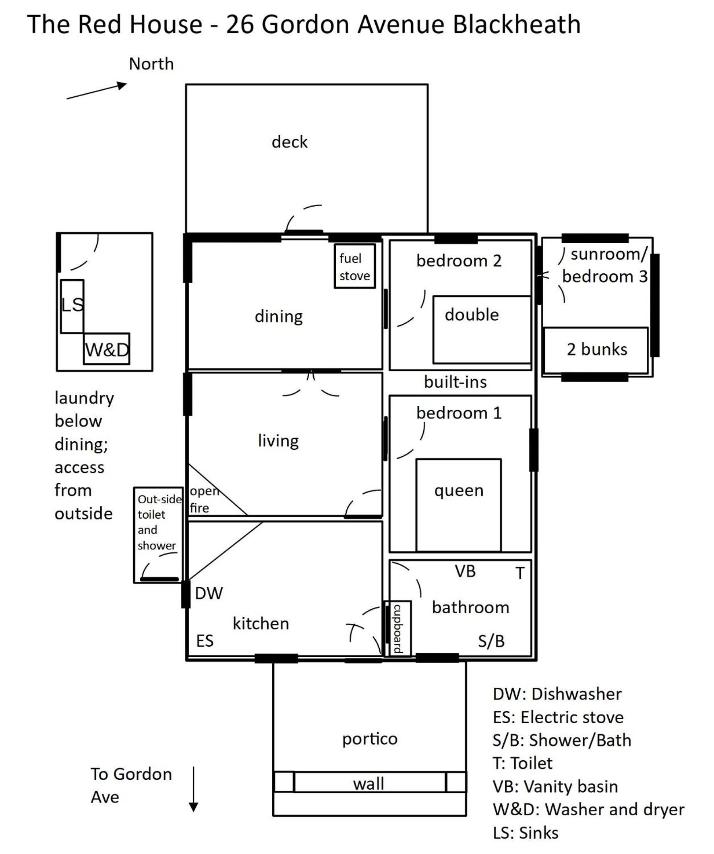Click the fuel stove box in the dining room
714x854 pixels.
[355, 266]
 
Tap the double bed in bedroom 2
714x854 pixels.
[482, 330]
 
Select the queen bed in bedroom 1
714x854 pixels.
[459, 505]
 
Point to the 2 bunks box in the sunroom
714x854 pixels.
[596, 350]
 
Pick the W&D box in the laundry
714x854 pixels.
[107, 349]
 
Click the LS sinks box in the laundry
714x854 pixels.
[72, 306]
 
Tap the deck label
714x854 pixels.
[290, 142]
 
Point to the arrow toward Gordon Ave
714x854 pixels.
[194, 789]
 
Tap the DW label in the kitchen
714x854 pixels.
[209, 593]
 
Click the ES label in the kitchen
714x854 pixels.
[205, 641]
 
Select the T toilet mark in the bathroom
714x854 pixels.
[520, 573]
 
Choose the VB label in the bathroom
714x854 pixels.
[465, 571]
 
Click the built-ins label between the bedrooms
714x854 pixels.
[455, 381]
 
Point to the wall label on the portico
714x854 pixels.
[368, 783]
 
